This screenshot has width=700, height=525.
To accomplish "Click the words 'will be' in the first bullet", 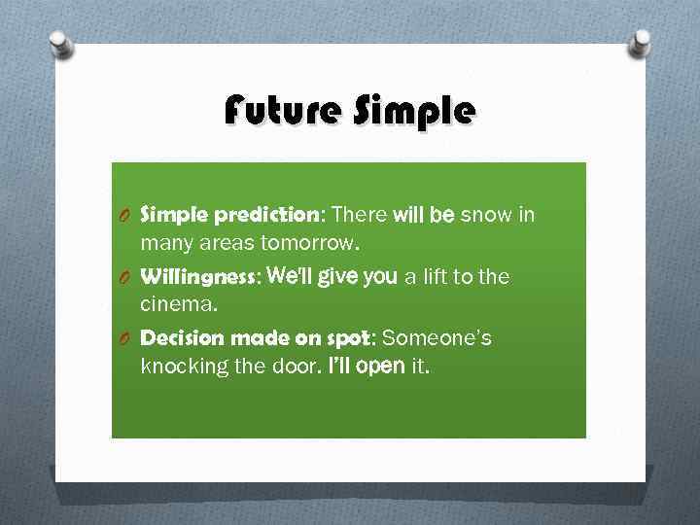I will [x=423, y=215].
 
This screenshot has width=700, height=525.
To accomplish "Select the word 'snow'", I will [x=483, y=215].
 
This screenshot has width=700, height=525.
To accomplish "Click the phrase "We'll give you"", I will [x=331, y=277].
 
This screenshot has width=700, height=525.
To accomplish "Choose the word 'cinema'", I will [x=178, y=304].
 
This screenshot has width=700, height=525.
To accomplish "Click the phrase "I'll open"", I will [x=357, y=367].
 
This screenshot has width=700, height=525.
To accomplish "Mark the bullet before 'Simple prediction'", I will [x=126, y=216].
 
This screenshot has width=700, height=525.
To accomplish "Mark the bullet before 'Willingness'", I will [x=126, y=278].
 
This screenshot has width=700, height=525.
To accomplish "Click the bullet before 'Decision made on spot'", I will [x=126, y=339].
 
